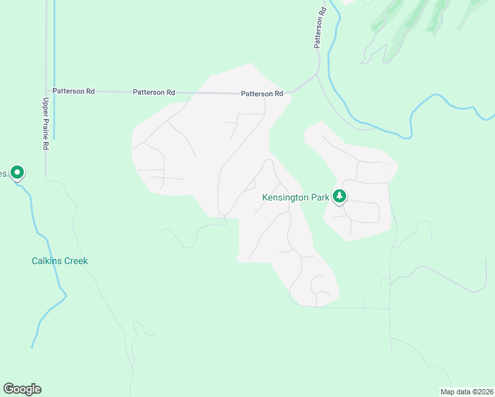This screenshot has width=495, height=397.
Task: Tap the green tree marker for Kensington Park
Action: click(339, 196)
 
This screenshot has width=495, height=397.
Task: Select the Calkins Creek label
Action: click(60, 261)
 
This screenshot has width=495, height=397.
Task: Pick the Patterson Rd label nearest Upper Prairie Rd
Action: click(73, 91)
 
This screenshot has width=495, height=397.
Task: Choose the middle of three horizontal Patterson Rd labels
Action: click(154, 93)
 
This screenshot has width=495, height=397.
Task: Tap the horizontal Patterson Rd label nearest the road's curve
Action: click(262, 94)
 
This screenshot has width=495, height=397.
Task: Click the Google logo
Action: click(22, 389)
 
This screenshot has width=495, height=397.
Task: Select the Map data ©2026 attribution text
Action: click(466, 392)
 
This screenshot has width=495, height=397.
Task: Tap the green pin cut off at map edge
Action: click(17, 173)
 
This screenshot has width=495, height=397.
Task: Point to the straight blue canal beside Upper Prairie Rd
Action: click(54, 79)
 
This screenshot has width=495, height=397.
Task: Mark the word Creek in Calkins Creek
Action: click(75, 261)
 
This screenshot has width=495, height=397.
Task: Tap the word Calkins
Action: click(46, 261)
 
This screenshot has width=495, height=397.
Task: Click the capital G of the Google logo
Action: click(9, 389)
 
